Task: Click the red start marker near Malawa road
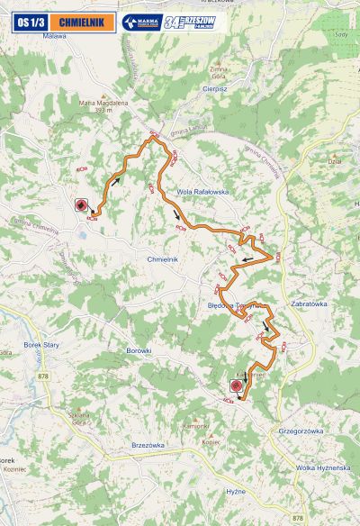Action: [x=81, y=204]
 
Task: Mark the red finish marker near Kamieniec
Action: [x=237, y=385]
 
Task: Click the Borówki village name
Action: [x=139, y=349]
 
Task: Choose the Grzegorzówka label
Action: [x=301, y=431]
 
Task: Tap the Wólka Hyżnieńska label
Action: [x=323, y=468]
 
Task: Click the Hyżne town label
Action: [x=236, y=491]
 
